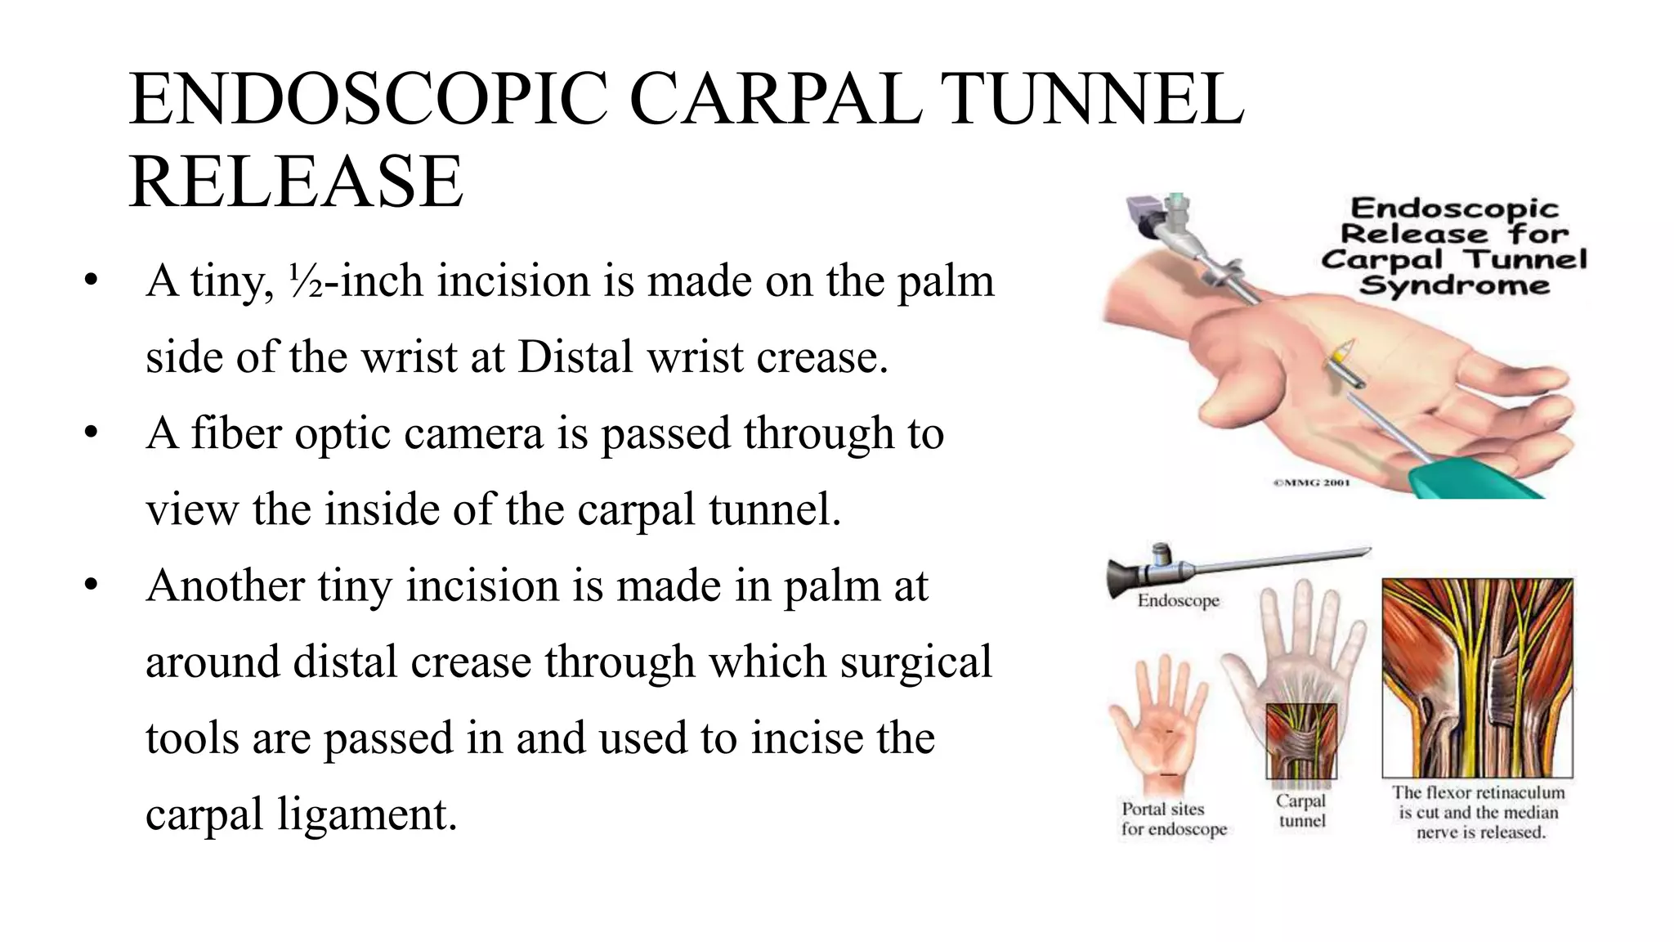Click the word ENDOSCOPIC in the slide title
coord(368,100)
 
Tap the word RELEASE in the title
coord(296,182)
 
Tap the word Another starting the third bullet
coord(226,586)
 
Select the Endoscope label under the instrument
coord(1178,601)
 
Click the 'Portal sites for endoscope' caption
coord(1174,819)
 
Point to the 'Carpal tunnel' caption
coord(1301,810)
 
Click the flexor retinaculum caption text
coord(1478,812)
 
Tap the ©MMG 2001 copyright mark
coord(1311,482)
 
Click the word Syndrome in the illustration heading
coord(1454,286)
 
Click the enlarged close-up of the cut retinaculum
coord(1477,678)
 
